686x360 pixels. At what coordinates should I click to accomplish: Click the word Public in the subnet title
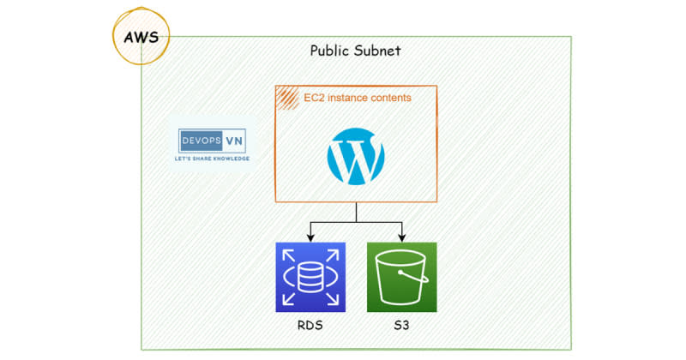coord(330,51)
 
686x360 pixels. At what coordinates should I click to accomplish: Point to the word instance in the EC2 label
coord(352,99)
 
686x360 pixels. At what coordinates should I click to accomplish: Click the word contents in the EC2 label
coord(392,99)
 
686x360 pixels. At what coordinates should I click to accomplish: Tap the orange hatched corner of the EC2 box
coord(286,97)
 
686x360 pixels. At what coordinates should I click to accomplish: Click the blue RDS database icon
coord(310,276)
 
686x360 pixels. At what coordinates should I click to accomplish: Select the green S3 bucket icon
coord(401,276)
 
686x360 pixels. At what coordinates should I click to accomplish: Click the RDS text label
coord(310,326)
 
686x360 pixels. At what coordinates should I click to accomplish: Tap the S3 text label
coord(401,326)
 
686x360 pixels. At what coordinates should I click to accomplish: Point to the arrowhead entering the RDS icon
coord(310,237)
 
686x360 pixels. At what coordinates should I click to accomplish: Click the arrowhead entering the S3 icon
coord(401,237)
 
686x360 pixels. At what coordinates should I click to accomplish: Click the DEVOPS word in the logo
coord(199,140)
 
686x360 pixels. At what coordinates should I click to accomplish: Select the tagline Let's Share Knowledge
coord(212,159)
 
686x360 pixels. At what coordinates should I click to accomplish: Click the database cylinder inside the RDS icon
coord(310,277)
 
